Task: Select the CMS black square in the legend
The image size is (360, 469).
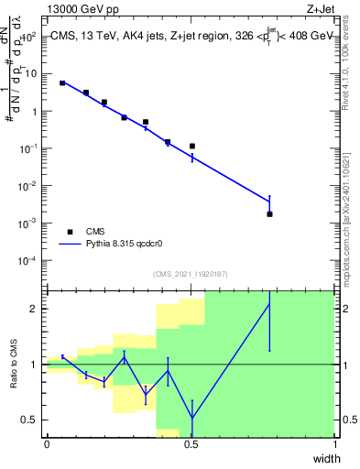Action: tap(69, 232)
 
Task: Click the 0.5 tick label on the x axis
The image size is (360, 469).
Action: tap(191, 444)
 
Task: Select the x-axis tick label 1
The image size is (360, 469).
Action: tap(334, 444)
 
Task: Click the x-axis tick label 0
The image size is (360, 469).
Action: tap(47, 444)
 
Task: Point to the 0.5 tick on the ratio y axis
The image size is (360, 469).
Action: tap(29, 420)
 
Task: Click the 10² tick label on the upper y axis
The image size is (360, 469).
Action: tap(29, 37)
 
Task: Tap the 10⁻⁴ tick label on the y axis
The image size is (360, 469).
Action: tap(28, 260)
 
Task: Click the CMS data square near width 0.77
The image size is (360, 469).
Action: tap(269, 213)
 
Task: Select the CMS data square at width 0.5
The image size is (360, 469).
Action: tap(192, 146)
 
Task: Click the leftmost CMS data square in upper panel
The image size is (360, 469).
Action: tap(62, 82)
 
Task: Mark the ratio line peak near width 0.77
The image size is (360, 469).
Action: tap(269, 303)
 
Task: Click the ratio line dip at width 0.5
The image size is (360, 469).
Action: tap(192, 419)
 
